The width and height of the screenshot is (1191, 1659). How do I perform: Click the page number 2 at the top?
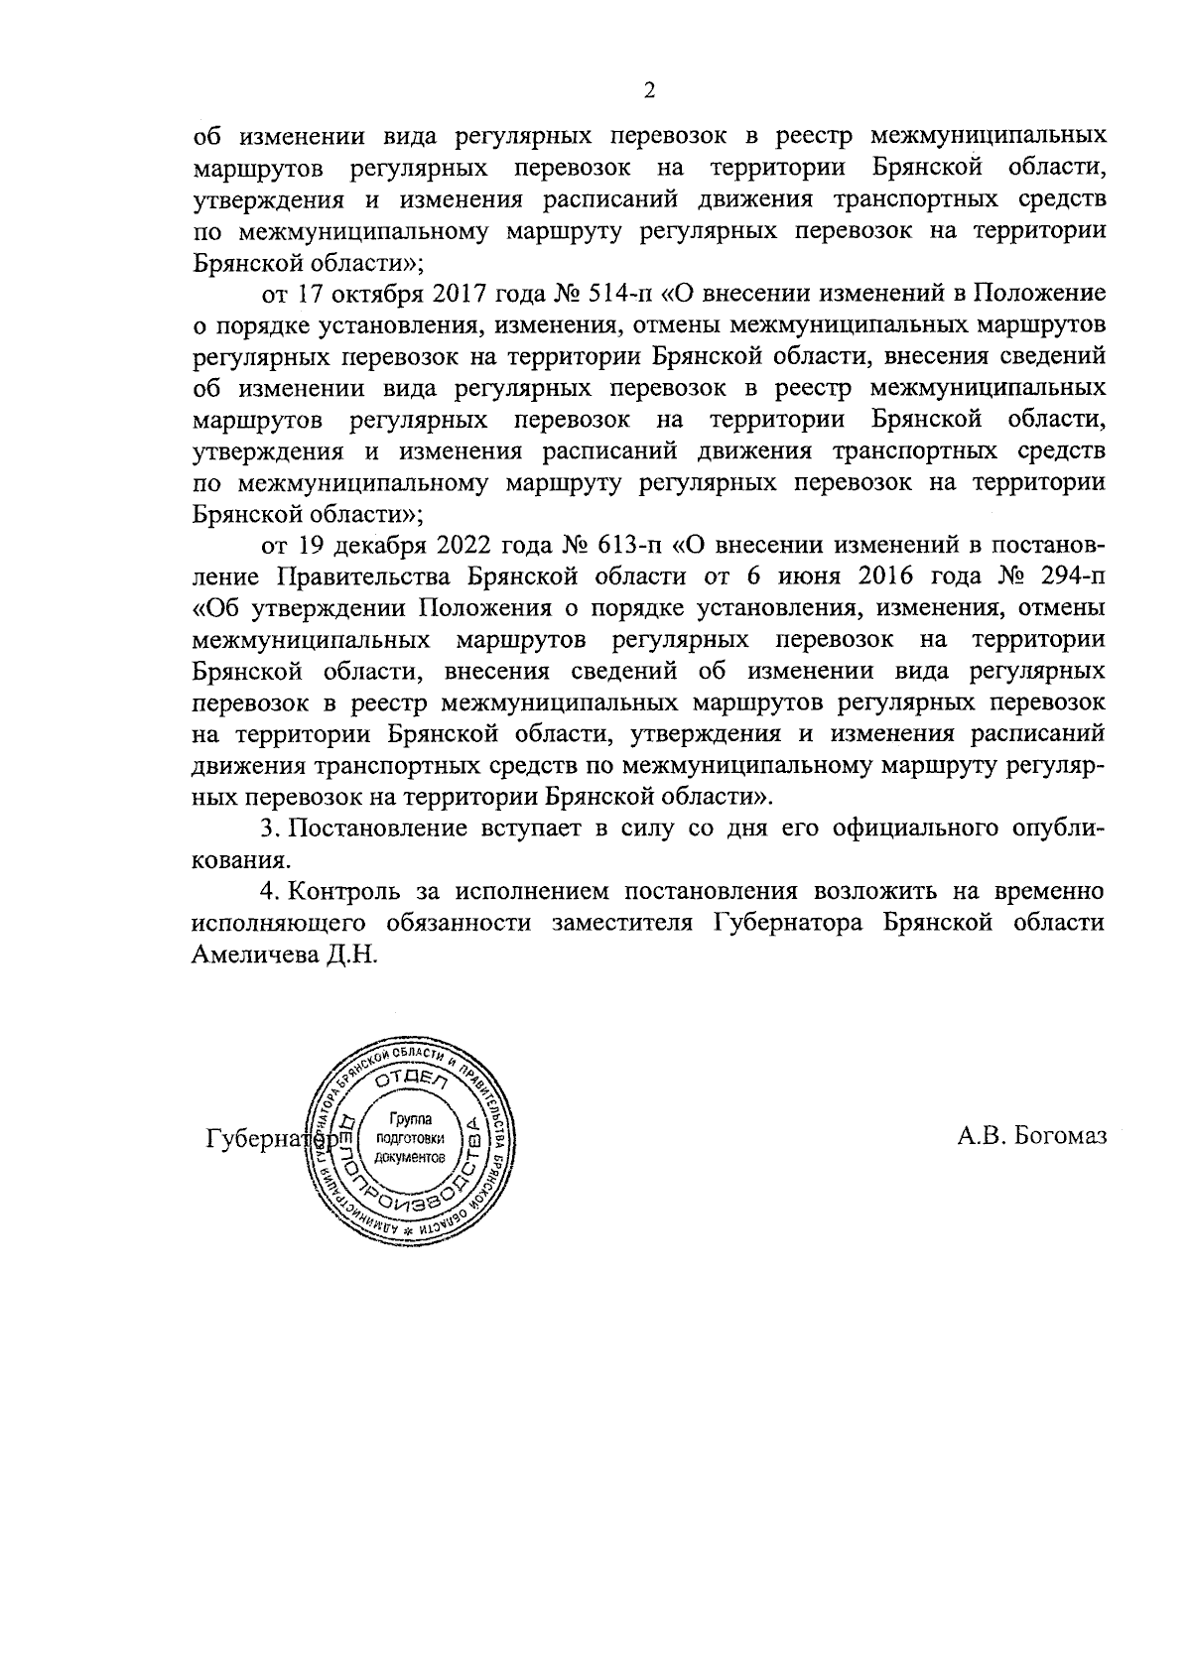649,91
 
